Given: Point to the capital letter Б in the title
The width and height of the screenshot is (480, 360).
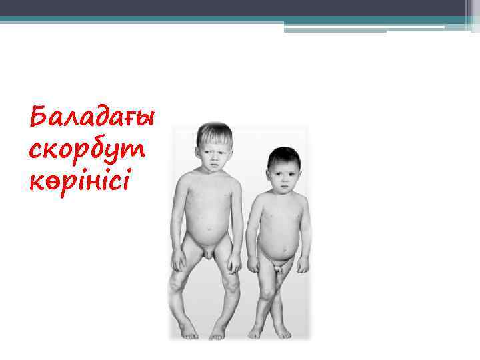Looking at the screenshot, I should (39, 118).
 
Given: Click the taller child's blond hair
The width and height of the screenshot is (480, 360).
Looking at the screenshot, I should (214, 133).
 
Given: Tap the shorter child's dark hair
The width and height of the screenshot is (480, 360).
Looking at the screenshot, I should (284, 157).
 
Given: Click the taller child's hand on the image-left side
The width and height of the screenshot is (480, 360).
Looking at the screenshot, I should (177, 261).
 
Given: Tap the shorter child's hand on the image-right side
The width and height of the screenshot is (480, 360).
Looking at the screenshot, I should (302, 265).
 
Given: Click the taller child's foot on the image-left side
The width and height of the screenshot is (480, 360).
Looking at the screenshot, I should (188, 331).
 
